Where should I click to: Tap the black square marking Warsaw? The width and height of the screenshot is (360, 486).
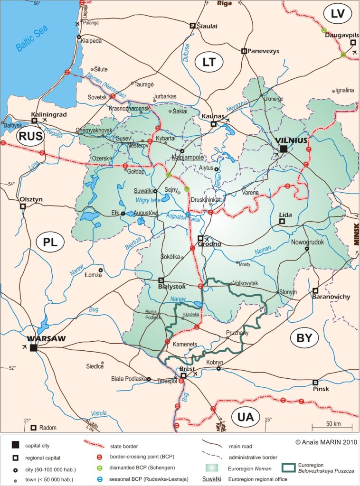point(33,348)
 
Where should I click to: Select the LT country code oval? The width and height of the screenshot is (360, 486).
point(209,62)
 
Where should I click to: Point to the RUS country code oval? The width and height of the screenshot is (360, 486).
point(30,137)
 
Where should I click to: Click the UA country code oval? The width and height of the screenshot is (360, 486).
point(246,417)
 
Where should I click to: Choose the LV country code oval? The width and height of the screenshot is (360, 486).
point(337,14)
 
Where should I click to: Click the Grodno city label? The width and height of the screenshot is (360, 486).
point(210,244)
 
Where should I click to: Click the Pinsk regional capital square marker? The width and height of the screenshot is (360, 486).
point(315,383)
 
